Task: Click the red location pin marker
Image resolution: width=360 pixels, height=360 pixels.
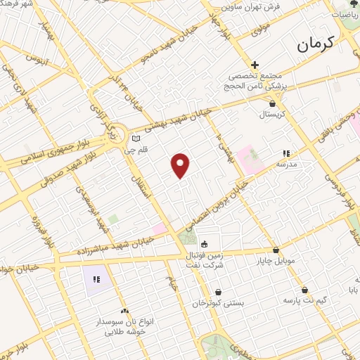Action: tap(181, 165)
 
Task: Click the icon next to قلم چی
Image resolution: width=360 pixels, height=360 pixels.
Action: tap(136, 139)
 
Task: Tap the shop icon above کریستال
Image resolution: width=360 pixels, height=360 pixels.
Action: tap(272, 104)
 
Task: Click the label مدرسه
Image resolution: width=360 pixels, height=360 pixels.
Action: tap(285, 163)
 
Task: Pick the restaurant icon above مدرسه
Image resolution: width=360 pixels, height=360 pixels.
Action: tap(285, 153)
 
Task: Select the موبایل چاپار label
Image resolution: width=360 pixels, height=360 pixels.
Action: tap(276, 261)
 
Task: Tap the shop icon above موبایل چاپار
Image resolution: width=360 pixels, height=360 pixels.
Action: tap(276, 250)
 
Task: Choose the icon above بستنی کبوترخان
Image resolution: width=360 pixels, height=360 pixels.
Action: tap(218, 292)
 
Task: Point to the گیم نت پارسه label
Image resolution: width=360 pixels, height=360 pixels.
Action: tap(304, 300)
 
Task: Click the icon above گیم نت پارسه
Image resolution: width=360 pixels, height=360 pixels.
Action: tap(304, 290)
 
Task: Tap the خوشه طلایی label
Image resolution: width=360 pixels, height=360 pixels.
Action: tap(124, 330)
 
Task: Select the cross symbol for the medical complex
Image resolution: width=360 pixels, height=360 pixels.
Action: tap(255, 65)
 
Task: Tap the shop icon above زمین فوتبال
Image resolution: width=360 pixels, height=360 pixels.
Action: tap(205, 244)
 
